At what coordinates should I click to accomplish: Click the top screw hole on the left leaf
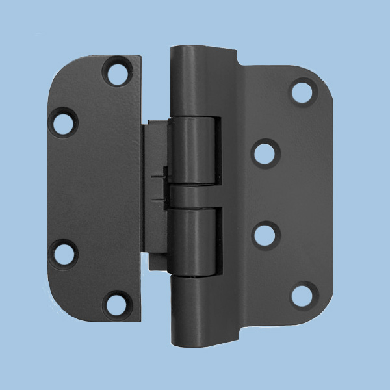[x=116, y=73]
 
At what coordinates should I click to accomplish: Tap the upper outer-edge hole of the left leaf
[x=64, y=122]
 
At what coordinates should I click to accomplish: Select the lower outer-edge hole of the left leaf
[x=64, y=253]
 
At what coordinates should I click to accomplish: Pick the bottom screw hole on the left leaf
[x=116, y=302]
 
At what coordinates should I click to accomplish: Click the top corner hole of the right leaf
[x=302, y=92]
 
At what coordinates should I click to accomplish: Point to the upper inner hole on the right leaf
[x=265, y=153]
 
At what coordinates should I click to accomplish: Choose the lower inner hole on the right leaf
[x=265, y=234]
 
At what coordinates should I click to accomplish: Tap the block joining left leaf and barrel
[x=156, y=195]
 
